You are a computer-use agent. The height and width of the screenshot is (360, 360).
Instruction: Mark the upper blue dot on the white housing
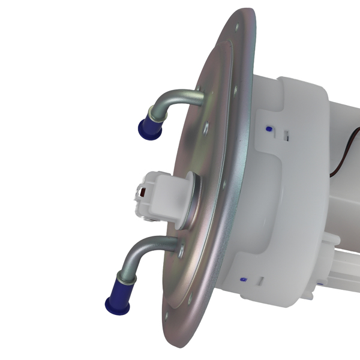pyautogui.click(x=268, y=128)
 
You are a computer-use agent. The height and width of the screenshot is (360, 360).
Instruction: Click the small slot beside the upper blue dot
pyautogui.click(x=287, y=136)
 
